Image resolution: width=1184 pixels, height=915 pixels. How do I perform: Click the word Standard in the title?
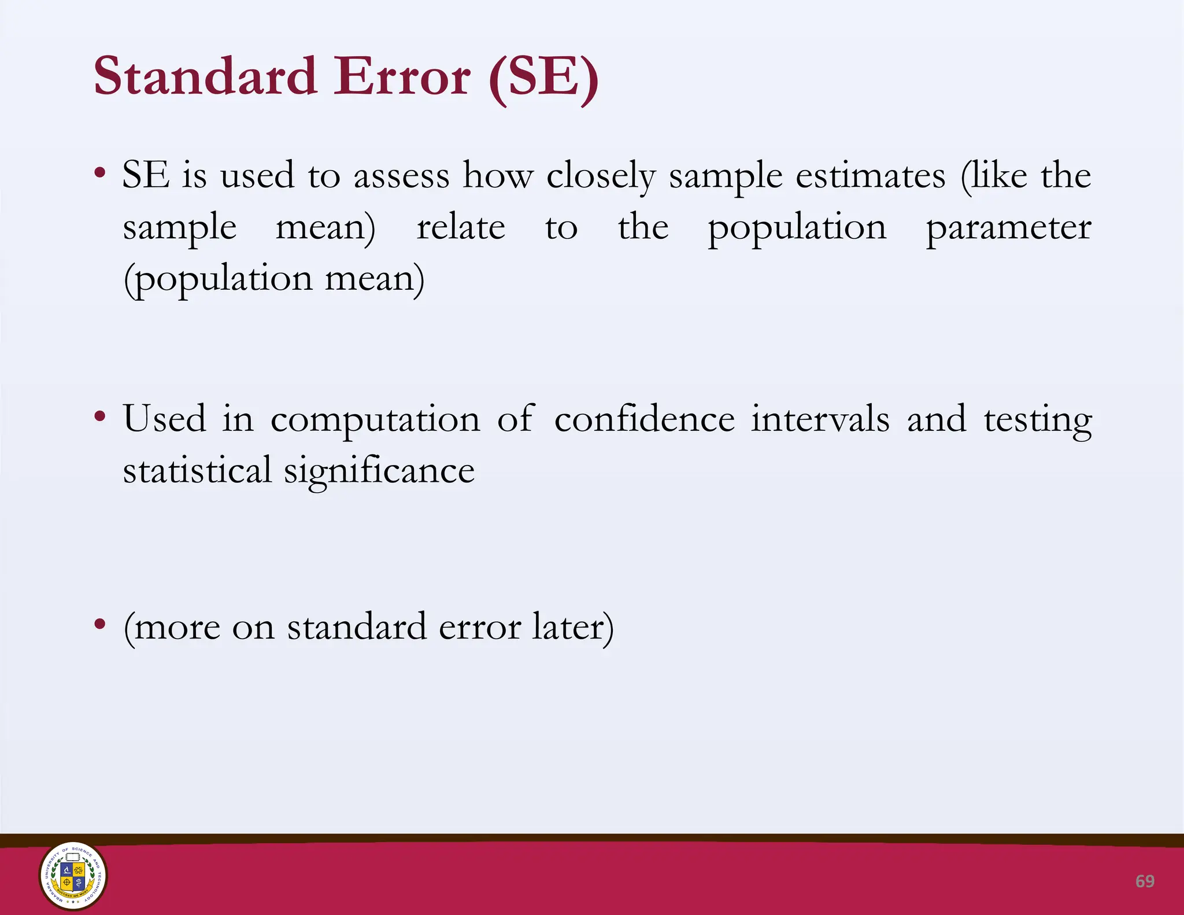[x=205, y=77]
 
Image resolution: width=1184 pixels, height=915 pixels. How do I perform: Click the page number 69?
[x=1145, y=881]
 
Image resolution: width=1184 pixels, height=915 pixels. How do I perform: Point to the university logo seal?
[x=73, y=876]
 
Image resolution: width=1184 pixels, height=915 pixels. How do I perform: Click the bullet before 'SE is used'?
[x=100, y=172]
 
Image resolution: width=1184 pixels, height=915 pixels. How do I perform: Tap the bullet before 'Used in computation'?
[x=100, y=416]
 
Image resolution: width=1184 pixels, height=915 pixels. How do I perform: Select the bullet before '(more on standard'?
[x=100, y=623]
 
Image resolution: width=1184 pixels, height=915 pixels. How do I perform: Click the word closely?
[x=601, y=175]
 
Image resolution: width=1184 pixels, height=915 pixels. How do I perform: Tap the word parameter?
[x=1008, y=227]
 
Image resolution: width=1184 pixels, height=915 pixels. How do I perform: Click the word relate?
[x=461, y=227]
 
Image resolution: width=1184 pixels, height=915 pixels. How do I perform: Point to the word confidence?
[x=645, y=418]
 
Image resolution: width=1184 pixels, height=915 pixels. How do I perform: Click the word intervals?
[x=820, y=418]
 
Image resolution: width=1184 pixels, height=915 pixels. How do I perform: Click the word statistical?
[x=197, y=470]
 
